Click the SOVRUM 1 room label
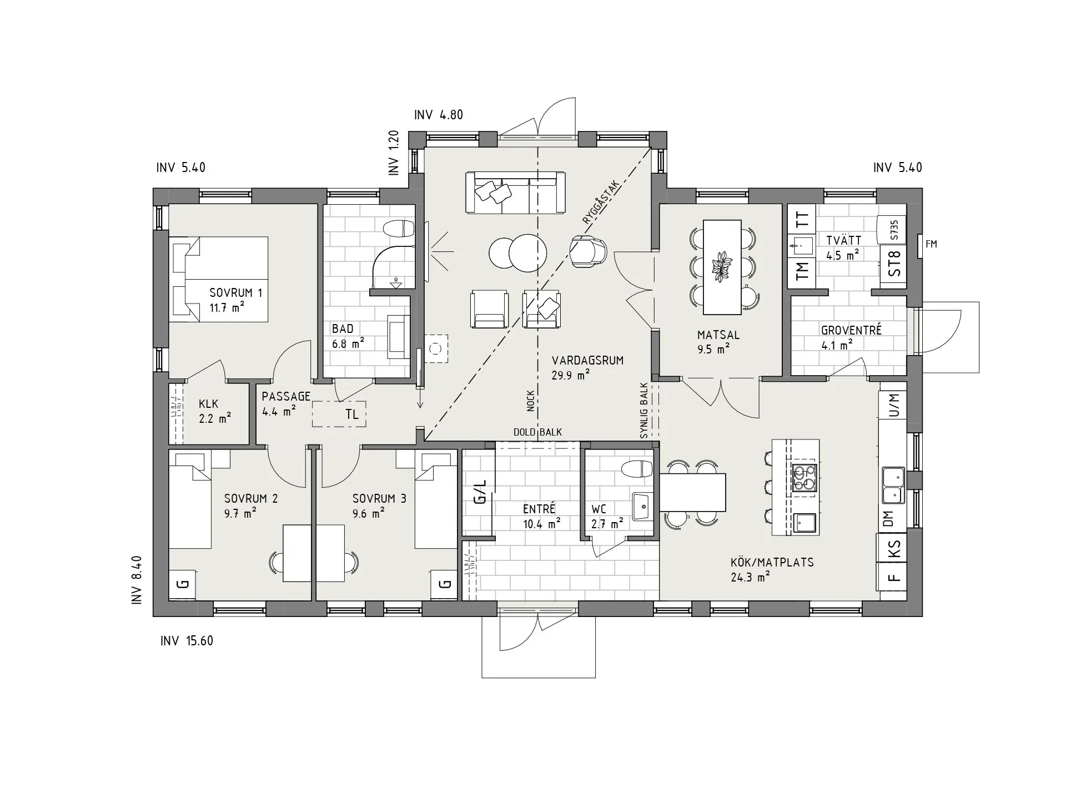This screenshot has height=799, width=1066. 235,293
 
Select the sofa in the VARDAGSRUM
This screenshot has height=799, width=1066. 516,192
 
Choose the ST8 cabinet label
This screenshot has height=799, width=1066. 894,264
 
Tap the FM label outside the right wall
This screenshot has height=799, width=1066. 932,244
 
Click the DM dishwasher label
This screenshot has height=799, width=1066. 888,519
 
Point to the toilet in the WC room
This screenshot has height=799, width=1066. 637,469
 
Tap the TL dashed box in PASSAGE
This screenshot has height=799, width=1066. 339,414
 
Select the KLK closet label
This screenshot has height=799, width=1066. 209,404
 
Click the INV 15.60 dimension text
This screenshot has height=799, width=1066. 187,641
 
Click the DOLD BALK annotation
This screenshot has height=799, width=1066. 537,432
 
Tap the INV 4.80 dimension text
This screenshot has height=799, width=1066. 439,115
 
